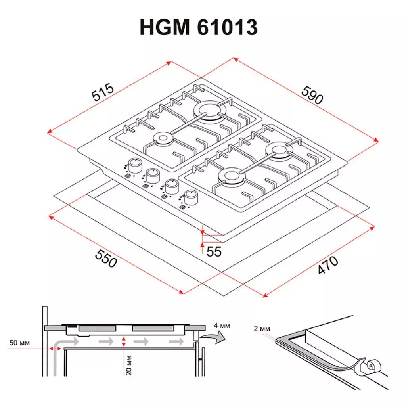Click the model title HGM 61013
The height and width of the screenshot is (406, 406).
coord(199,28)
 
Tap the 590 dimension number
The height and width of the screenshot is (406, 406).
coord(312,95)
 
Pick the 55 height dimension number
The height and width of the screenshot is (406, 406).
coord(214,251)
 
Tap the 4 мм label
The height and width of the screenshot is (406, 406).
coord(221,326)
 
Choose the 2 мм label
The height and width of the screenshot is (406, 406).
coord(262,329)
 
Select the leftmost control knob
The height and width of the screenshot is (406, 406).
coord(135,165)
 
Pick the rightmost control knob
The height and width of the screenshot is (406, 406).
coord(191,196)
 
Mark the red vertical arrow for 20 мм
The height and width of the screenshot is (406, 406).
coord(124,342)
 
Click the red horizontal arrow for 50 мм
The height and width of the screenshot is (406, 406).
coord(55,348)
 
